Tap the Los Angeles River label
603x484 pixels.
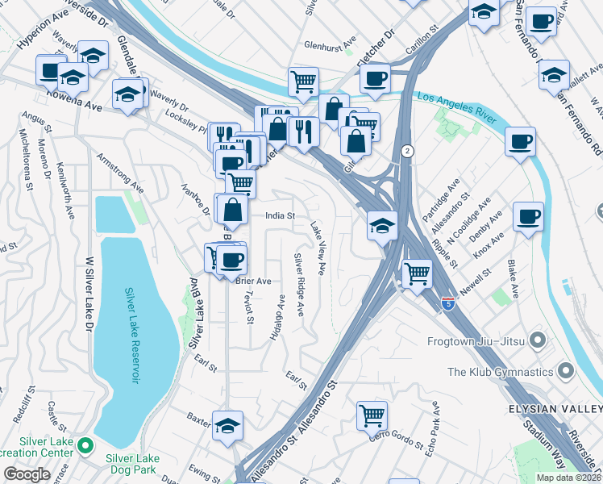(x=453, y=102)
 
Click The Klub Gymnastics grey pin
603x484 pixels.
(x=565, y=372)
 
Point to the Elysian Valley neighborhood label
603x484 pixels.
(x=555, y=408)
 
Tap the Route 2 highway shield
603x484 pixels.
(x=408, y=151)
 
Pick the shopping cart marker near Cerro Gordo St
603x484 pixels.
(x=372, y=416)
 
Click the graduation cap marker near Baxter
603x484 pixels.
(x=228, y=424)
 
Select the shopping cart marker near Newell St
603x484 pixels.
(x=417, y=273)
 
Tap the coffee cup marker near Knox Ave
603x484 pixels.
(x=528, y=216)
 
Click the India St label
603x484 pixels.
(x=281, y=216)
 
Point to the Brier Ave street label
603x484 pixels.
(x=252, y=281)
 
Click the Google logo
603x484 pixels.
(x=27, y=474)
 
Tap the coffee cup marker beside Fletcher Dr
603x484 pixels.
(x=375, y=78)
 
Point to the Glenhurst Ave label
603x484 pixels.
(x=330, y=46)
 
